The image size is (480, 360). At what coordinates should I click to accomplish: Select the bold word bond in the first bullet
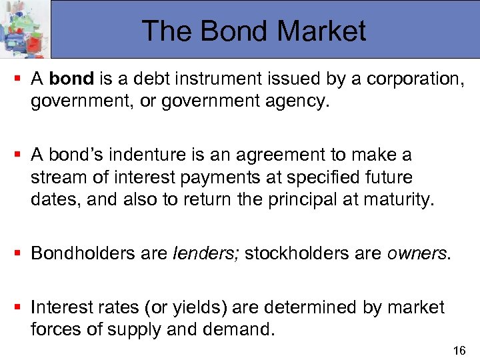coord(71,79)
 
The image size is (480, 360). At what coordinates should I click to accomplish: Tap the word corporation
coord(418,79)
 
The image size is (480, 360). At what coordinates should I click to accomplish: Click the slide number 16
coord(459,351)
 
